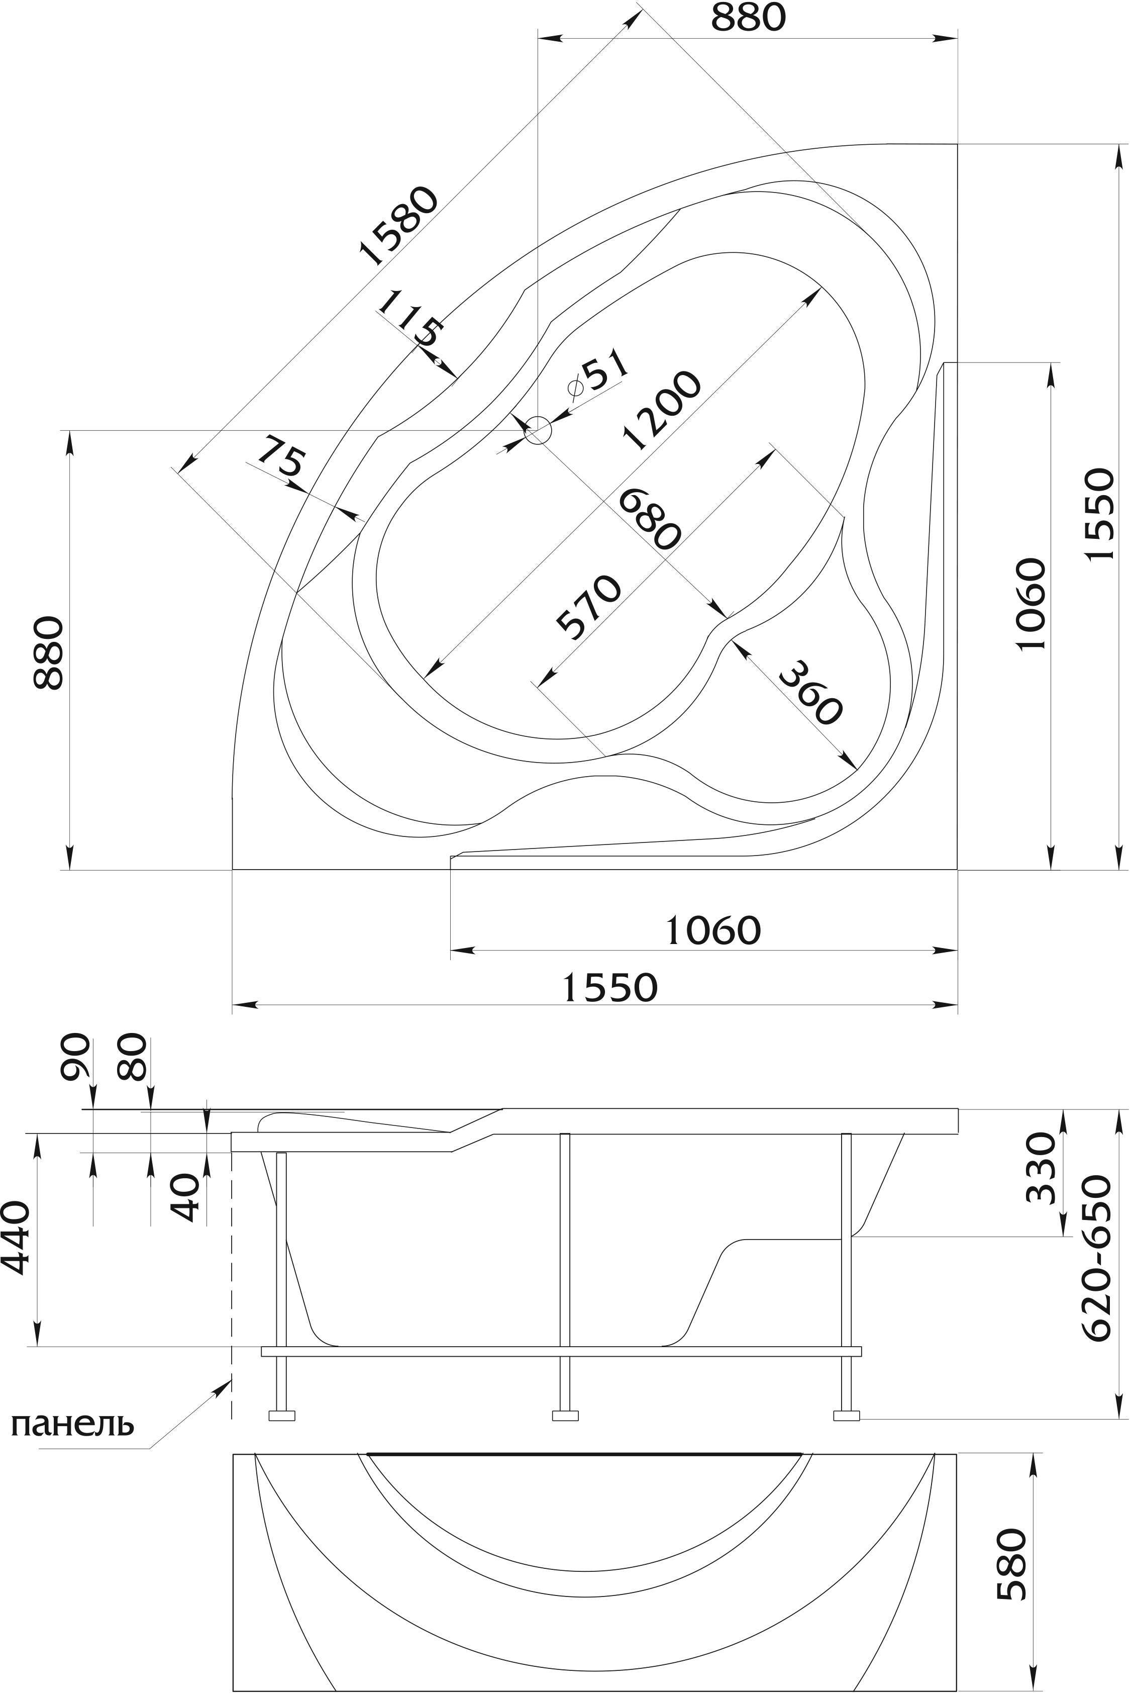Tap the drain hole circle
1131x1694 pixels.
pos(538,431)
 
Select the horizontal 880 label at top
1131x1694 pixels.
pos(748,18)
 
